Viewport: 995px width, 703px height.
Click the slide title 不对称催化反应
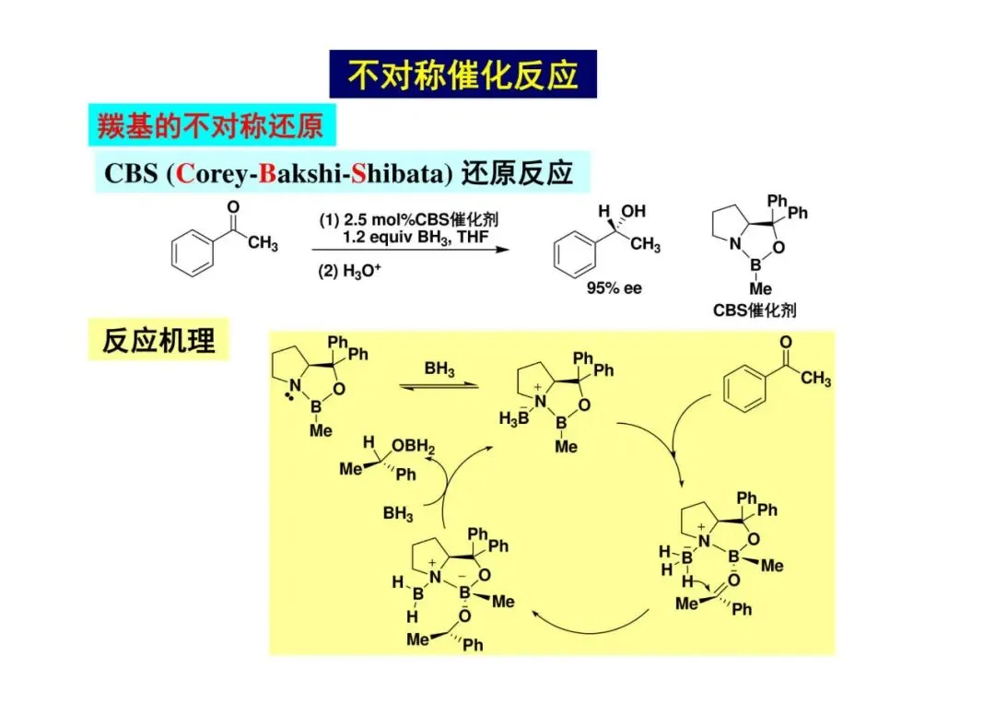click(462, 75)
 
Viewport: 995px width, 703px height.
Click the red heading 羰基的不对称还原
click(211, 125)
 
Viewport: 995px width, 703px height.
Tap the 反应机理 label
click(158, 340)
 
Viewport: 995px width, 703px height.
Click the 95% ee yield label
click(615, 288)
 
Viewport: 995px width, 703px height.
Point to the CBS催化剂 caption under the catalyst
click(755, 310)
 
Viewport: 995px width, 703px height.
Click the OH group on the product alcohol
click(634, 213)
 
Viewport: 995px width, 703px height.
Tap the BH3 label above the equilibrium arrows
click(439, 369)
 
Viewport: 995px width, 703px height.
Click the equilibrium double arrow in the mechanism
click(439, 385)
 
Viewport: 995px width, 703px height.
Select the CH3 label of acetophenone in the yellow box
click(815, 379)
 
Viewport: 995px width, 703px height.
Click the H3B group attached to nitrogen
click(513, 419)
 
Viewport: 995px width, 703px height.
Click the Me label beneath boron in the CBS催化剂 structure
click(760, 288)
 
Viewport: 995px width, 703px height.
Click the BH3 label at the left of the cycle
click(398, 513)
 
